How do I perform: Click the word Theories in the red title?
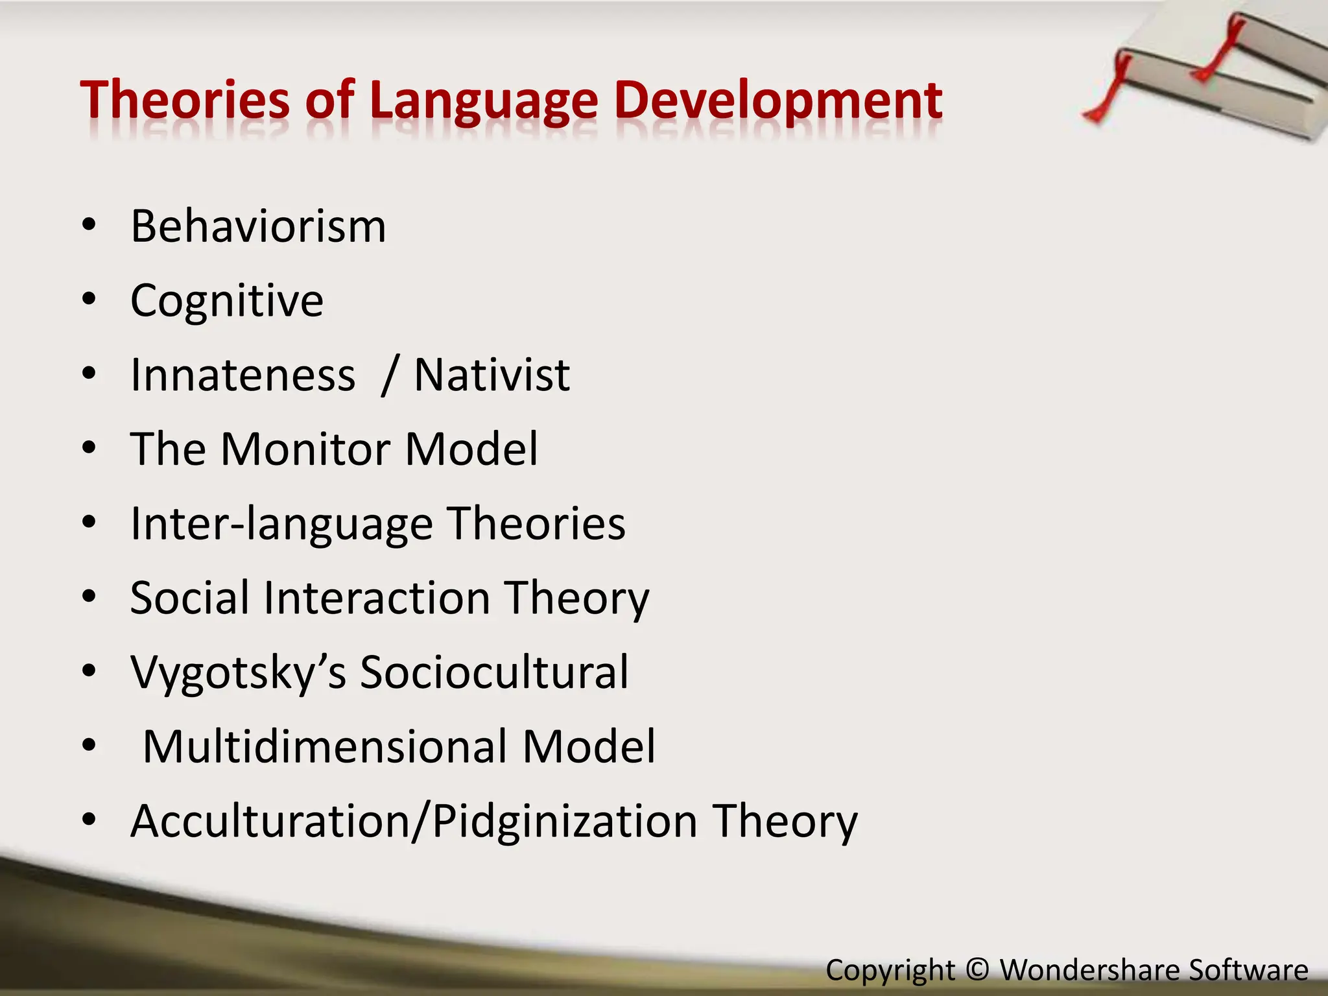(185, 101)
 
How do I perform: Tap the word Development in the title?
(777, 101)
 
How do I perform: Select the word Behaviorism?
(258, 226)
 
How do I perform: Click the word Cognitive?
(227, 301)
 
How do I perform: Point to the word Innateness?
(243, 375)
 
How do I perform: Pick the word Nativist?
(492, 375)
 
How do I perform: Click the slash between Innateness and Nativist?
(388, 376)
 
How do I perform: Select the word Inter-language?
(281, 524)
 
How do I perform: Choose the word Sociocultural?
(494, 672)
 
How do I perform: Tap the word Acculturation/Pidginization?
(414, 821)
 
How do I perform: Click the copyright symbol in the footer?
(977, 969)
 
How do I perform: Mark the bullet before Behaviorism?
(89, 225)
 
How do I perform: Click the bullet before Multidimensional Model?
(89, 745)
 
